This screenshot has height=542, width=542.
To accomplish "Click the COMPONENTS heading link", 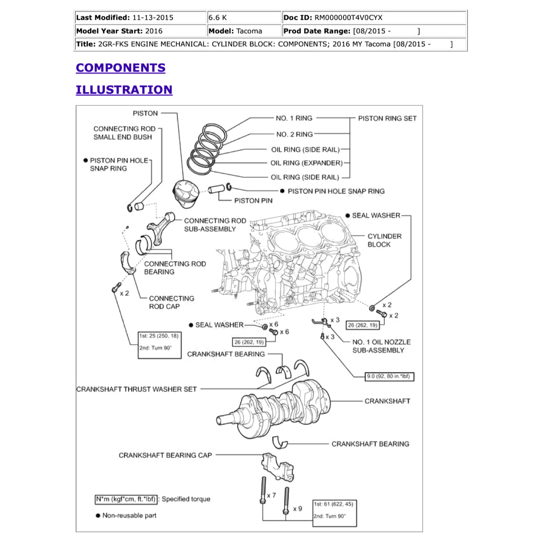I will click(120, 68).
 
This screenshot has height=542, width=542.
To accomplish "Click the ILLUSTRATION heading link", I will click(124, 89).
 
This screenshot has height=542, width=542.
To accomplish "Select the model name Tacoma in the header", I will click(249, 31).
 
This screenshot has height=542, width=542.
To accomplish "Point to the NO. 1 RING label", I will click(294, 118).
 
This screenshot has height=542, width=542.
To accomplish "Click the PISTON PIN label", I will click(254, 201).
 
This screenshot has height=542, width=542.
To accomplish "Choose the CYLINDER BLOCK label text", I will click(384, 240).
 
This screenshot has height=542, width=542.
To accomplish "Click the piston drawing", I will click(186, 194).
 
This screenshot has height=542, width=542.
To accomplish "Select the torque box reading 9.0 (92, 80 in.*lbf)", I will click(390, 377).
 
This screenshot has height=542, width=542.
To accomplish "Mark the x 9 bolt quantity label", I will click(297, 509).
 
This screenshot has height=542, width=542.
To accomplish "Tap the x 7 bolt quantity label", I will click(271, 495).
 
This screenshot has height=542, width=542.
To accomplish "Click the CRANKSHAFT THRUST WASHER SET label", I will click(136, 389).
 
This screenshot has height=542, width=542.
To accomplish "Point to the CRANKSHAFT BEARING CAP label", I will click(165, 455).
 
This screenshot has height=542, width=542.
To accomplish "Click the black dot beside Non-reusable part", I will click(97, 516).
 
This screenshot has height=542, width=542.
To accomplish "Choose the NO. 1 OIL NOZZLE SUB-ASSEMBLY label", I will click(381, 346).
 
